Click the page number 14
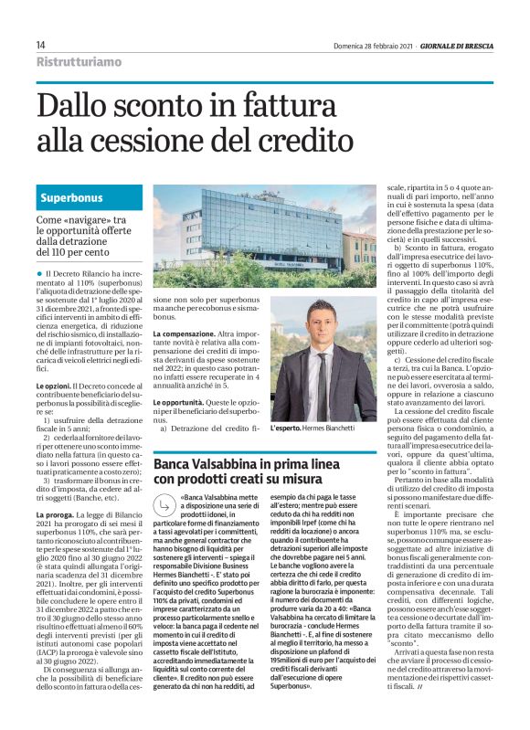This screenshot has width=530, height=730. [x=41, y=45]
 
